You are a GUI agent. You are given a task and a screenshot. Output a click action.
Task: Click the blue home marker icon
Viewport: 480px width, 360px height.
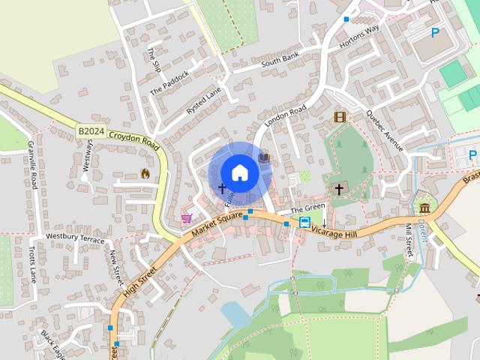click(239, 172)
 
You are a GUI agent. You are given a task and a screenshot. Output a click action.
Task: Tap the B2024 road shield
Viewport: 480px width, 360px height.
click(91, 131)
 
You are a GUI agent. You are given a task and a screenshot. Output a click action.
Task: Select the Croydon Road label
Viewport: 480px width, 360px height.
click(134, 139)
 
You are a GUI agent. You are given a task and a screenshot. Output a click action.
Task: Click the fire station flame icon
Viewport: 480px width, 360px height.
click(145, 173)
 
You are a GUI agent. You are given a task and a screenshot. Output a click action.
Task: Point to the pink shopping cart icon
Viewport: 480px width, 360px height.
click(186, 218)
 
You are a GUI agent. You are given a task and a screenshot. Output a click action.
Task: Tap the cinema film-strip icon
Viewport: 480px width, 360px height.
click(340, 117)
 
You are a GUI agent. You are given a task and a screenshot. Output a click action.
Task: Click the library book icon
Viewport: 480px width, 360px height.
click(264, 158)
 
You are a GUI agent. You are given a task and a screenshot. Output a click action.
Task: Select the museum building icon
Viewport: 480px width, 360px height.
click(425, 207)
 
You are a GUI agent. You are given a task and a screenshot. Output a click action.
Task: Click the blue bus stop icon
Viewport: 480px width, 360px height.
click(305, 221)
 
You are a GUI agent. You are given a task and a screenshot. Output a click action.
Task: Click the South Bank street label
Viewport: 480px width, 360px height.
click(280, 61)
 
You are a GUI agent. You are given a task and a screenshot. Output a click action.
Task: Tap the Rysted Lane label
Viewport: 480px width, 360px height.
click(204, 100)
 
